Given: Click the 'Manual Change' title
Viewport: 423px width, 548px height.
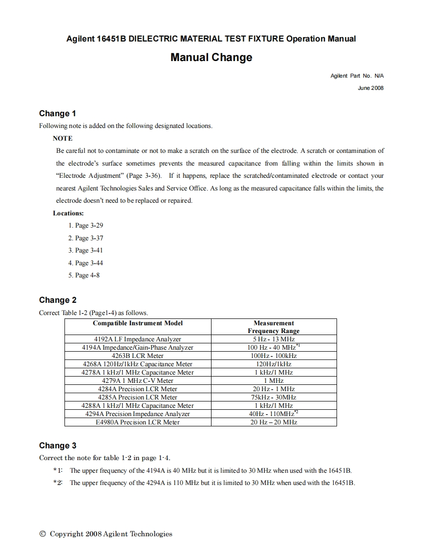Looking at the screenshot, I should (211, 58).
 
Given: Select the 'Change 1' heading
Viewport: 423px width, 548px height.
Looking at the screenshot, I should (58, 114).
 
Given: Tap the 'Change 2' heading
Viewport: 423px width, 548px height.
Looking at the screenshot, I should (58, 300).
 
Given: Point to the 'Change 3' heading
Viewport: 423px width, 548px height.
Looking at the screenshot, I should (58, 446).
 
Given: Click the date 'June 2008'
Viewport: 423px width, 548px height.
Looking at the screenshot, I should (371, 88).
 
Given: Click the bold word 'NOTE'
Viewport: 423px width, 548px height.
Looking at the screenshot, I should (63, 138).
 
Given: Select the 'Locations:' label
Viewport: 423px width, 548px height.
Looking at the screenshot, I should (68, 213).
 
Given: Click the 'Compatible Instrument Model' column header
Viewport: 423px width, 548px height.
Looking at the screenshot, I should (138, 323).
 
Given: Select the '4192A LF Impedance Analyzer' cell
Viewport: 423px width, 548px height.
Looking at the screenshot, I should (138, 339).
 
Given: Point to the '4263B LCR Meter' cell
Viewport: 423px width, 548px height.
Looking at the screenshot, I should (138, 356).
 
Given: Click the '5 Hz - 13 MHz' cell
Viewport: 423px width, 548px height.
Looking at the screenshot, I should (274, 339).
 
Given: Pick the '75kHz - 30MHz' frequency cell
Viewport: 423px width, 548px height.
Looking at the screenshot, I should (274, 397).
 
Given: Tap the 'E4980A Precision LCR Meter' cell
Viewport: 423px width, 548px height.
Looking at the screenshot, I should (138, 422).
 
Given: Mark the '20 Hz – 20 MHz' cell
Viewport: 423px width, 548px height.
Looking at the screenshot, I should (274, 422).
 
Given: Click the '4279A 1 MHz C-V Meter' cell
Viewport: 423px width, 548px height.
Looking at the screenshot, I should (138, 380).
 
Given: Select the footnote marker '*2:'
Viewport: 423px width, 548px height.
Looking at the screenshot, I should (58, 483).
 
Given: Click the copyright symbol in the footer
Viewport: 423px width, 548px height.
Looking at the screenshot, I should (43, 534).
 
